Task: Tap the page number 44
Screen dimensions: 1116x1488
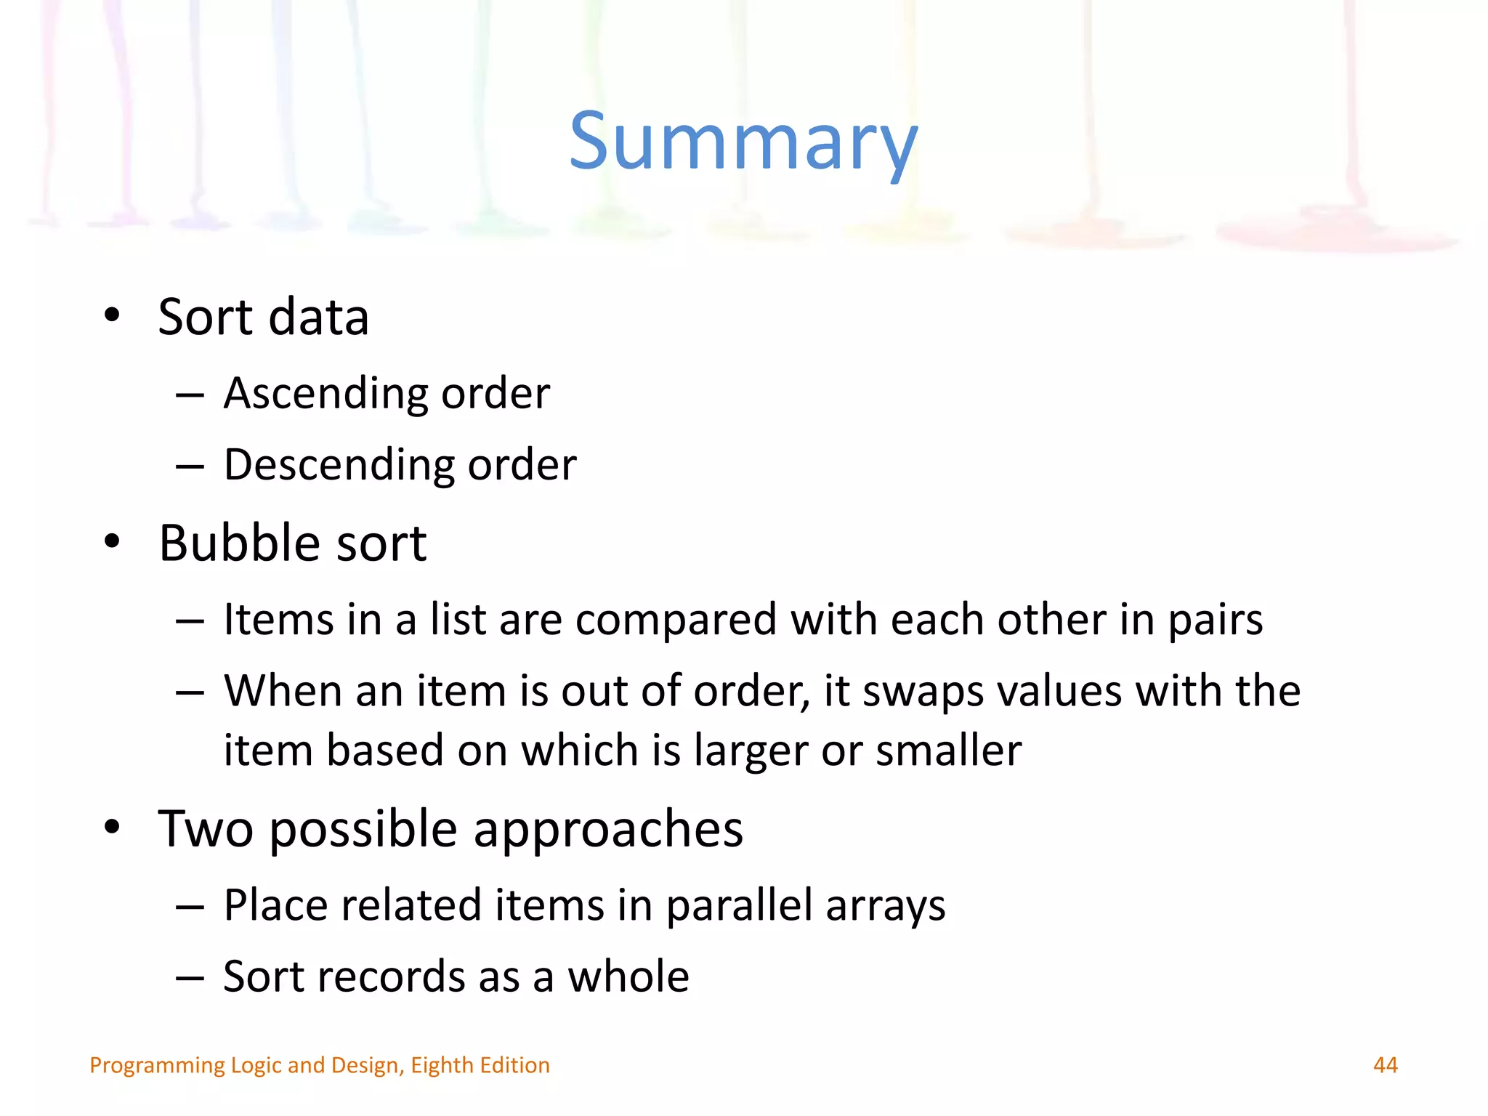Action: (x=1385, y=1065)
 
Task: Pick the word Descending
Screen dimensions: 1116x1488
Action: (x=339, y=466)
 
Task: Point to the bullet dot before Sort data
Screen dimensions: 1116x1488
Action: (x=112, y=315)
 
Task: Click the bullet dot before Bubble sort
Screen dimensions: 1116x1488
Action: (x=112, y=541)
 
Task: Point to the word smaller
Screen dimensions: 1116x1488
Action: (x=948, y=750)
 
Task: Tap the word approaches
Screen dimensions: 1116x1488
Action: (x=608, y=830)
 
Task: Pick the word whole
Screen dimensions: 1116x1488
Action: (x=628, y=976)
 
